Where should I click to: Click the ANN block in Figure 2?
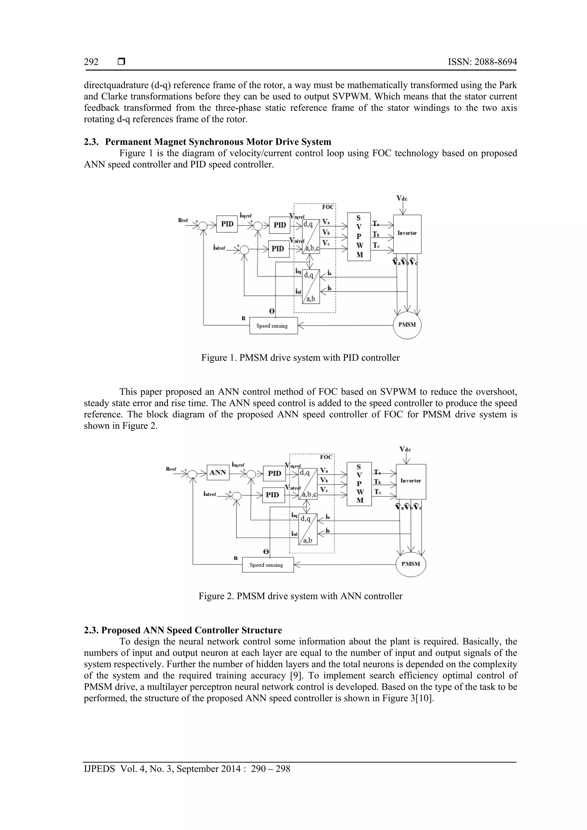pos(218,472)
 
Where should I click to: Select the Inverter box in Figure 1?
pos(407,234)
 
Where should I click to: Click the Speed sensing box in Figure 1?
pos(273,326)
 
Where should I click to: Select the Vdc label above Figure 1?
pos(402,199)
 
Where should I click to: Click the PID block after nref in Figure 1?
pos(227,224)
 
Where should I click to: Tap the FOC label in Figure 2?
pos(326,457)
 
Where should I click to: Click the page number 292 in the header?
pos(91,62)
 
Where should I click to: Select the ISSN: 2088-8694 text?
pos(482,62)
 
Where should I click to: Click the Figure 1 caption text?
pos(300,358)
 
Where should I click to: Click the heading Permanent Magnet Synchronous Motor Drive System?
pos(218,142)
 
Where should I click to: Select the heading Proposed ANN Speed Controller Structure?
pos(191,630)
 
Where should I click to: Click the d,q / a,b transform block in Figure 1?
pos(311,287)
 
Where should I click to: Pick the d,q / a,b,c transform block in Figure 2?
pos(308,484)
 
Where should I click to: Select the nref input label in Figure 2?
pos(171,469)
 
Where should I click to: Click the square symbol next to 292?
pos(122,62)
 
